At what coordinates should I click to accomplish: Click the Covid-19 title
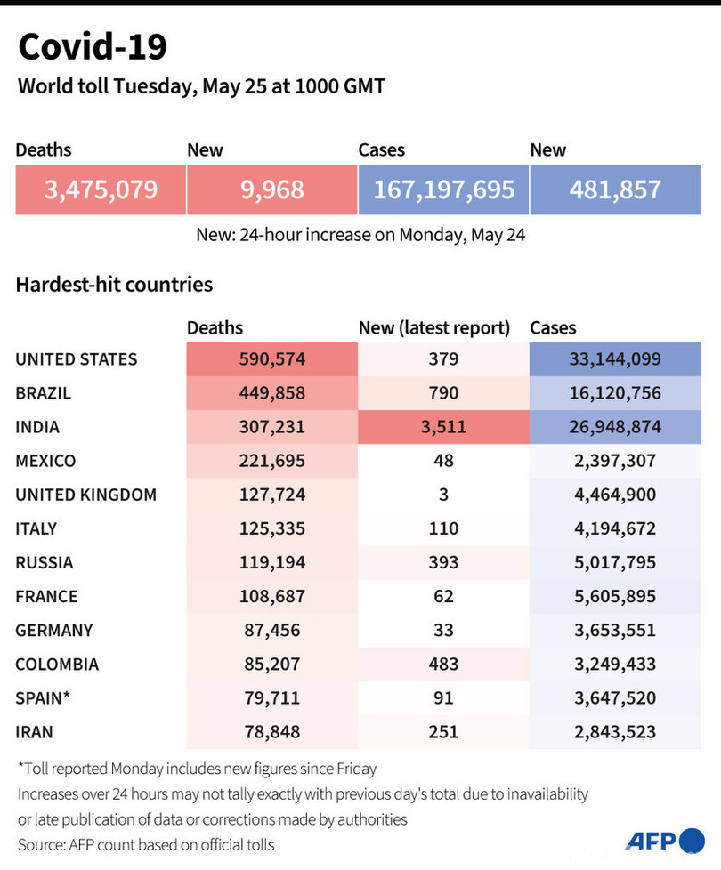coord(93,47)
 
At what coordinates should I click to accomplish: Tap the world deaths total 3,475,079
coord(101,189)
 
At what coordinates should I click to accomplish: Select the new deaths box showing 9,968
coord(271,189)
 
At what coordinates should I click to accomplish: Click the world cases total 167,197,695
coord(443,189)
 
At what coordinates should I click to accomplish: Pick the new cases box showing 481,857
coord(615,189)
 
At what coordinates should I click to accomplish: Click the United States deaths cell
coord(271,359)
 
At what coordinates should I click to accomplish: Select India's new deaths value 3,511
coord(443,427)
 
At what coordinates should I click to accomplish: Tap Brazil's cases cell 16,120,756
coord(615,393)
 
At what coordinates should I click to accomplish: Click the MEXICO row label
coord(46,461)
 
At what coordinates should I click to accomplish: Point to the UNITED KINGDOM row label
coord(85,495)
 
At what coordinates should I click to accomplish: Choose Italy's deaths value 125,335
coord(271,528)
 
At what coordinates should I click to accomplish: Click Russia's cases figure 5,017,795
coord(615,562)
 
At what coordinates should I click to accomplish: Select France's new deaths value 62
coord(443,596)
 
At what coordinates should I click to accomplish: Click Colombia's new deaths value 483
coord(443,664)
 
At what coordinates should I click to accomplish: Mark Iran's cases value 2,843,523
coord(615,732)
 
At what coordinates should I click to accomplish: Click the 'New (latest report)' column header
coord(434,328)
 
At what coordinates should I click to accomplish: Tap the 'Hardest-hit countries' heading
coord(114,285)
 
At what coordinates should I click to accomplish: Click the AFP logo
coord(664,841)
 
